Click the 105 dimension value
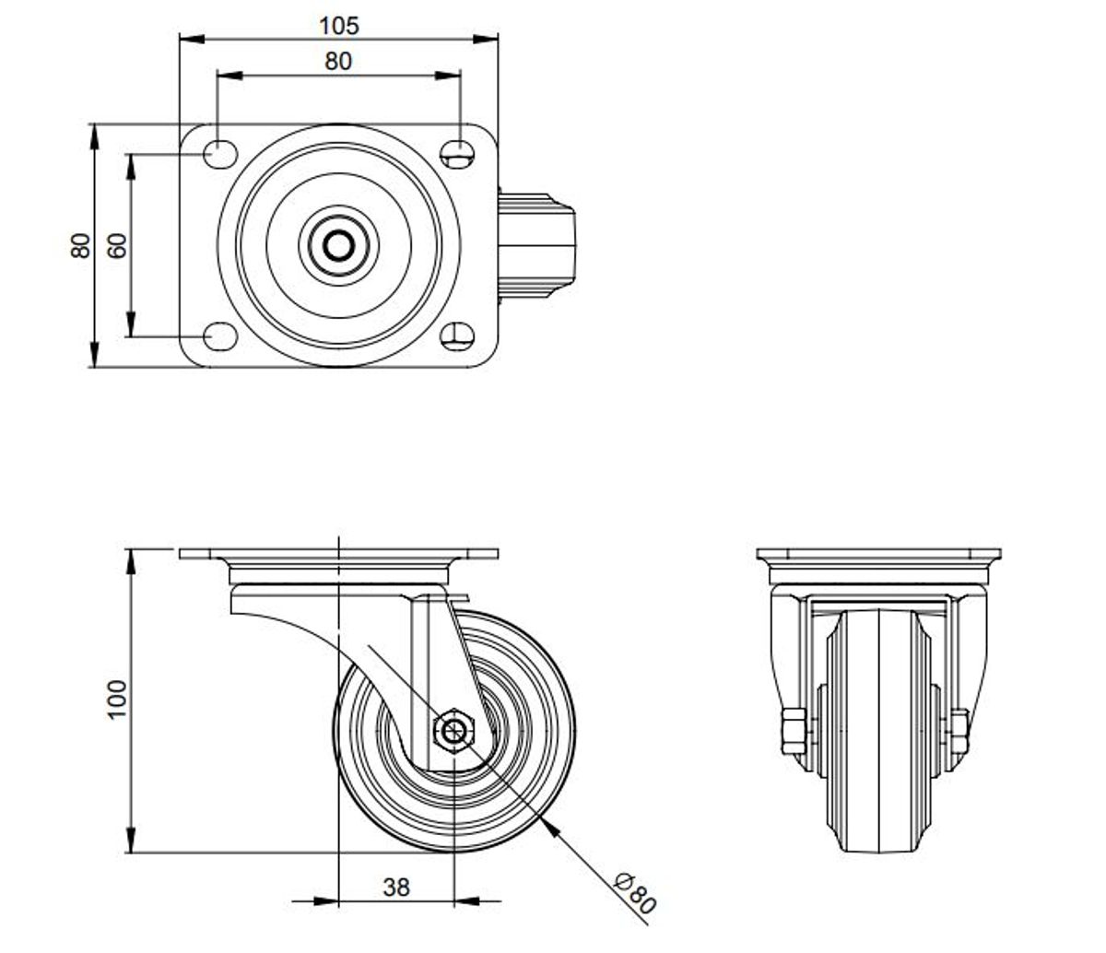click(338, 26)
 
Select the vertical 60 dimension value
click(118, 245)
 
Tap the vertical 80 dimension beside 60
click(81, 245)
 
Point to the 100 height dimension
click(117, 700)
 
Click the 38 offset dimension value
click(396, 888)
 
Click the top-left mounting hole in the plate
click(220, 154)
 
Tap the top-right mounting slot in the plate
click(457, 154)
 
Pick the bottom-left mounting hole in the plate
click(220, 336)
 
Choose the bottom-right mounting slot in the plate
click(457, 336)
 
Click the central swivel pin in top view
click(338, 245)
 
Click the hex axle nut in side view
click(453, 730)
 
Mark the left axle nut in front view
click(794, 731)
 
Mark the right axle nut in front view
click(959, 731)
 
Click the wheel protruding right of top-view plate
click(536, 245)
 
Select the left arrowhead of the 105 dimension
click(192, 39)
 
